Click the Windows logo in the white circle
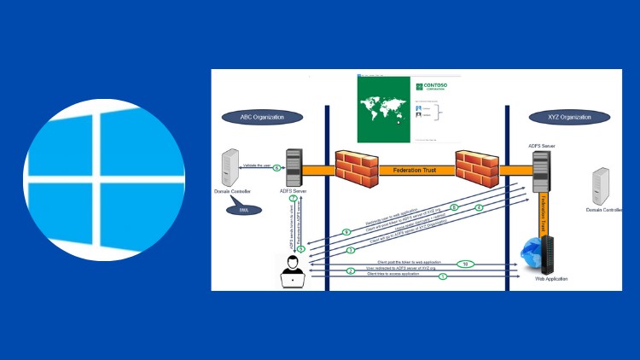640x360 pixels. coord(102,180)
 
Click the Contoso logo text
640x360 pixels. coord(436,87)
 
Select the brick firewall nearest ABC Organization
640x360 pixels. coord(352,169)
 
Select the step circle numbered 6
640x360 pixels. coord(276,168)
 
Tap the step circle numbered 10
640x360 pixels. coord(464,263)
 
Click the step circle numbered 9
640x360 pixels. coord(346,232)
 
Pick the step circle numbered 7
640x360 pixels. coord(294,199)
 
